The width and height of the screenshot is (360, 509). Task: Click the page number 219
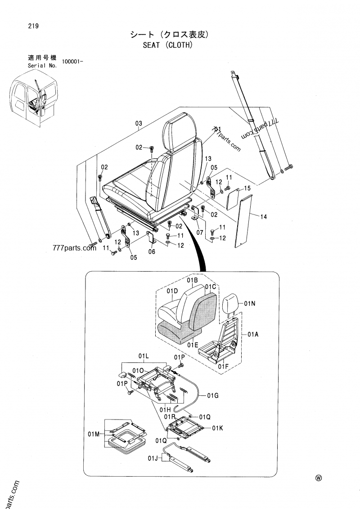[x=33, y=26]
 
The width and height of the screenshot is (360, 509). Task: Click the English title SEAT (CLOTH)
[x=168, y=45]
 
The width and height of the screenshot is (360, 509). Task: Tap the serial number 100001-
[x=72, y=61]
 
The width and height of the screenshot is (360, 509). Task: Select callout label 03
[x=139, y=123]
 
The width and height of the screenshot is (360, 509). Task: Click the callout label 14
[x=264, y=217]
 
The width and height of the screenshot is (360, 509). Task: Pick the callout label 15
[x=247, y=188]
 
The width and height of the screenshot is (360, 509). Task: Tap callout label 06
[x=152, y=252]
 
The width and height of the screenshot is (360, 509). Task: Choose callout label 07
[x=200, y=232]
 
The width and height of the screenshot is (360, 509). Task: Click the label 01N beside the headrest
[x=250, y=304]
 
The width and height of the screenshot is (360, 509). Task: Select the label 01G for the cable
[x=213, y=395]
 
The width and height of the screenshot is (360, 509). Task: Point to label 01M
[x=94, y=434]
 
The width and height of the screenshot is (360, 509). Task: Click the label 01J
[x=153, y=458]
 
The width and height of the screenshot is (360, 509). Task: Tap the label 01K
[x=218, y=428]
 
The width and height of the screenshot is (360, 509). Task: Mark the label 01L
[x=143, y=356]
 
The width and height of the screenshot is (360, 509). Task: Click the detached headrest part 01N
[x=232, y=302]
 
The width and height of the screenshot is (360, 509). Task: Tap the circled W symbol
[x=319, y=478]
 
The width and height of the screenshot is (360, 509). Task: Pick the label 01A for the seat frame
[x=253, y=334]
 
